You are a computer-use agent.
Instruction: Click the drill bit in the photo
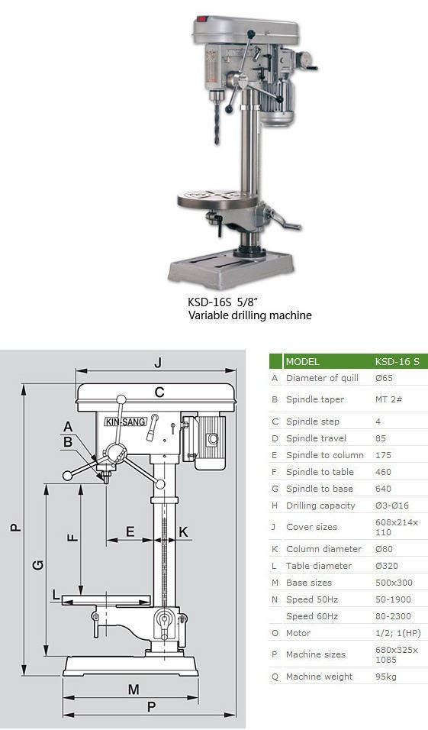pyautogui.click(x=217, y=124)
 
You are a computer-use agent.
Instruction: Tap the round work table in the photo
pyautogui.click(x=217, y=200)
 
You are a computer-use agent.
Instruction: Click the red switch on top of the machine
pyautogui.click(x=201, y=20)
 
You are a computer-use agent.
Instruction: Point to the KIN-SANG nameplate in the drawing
pyautogui.click(x=125, y=422)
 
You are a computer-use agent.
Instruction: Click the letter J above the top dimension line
pyautogui.click(x=158, y=363)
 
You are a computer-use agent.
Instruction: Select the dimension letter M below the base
pyautogui.click(x=134, y=689)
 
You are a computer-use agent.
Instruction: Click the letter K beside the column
pyautogui.click(x=184, y=531)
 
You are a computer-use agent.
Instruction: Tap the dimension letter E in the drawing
pyautogui.click(x=130, y=531)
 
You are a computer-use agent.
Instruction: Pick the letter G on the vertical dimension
pyautogui.click(x=39, y=565)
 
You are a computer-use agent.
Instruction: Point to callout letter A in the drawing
pyautogui.click(x=69, y=426)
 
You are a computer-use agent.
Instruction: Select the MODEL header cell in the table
pyautogui.click(x=302, y=362)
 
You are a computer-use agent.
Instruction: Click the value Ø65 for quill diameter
pyautogui.click(x=385, y=378)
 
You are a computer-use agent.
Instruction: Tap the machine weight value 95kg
pyautogui.click(x=386, y=677)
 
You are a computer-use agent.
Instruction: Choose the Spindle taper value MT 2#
pyautogui.click(x=389, y=399)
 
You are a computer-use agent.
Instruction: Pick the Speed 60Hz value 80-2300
pyautogui.click(x=393, y=616)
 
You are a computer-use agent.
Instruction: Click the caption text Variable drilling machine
pyautogui.click(x=249, y=315)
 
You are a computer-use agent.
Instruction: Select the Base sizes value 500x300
pyautogui.click(x=393, y=583)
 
